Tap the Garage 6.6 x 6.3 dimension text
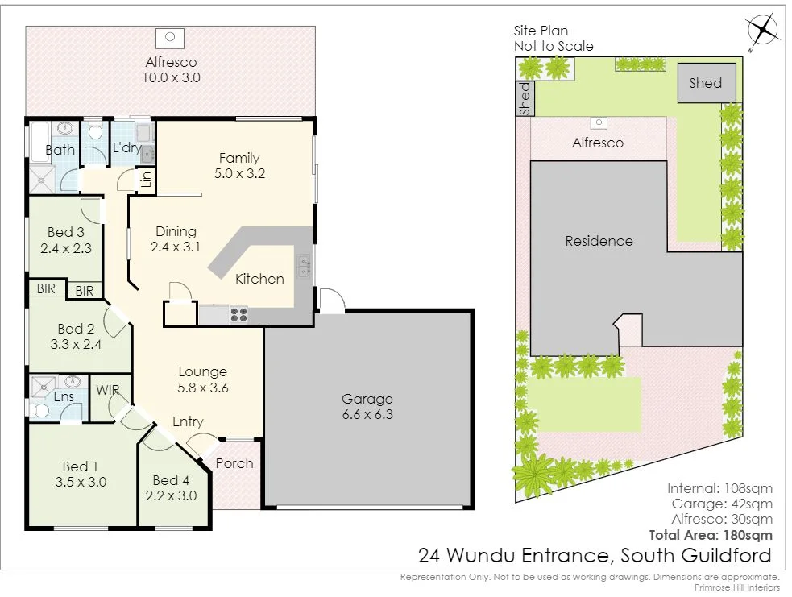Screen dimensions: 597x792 [367, 415]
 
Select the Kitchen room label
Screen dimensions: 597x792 [259, 279]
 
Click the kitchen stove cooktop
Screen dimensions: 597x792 [238, 315]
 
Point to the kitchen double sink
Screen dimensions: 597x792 [304, 266]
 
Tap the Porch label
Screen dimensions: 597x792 [234, 463]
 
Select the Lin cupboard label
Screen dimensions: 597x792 [147, 179]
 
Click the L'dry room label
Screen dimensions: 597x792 [127, 148]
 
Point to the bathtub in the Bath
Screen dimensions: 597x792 [40, 143]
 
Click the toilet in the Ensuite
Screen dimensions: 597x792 [43, 410]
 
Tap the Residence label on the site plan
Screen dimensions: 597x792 [599, 241]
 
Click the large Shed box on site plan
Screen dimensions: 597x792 [705, 83]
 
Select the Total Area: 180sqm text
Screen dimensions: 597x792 [711, 534]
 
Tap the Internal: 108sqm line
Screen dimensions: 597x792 [719, 488]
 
